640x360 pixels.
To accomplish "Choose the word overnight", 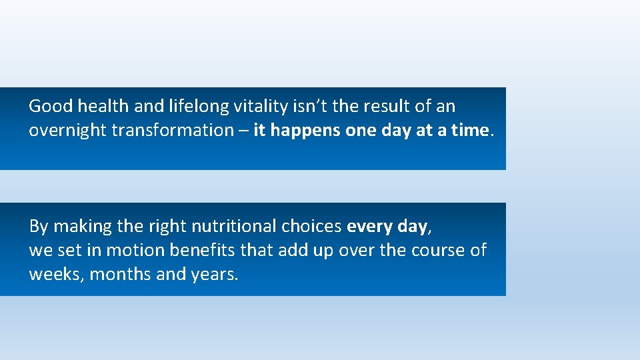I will (67, 131).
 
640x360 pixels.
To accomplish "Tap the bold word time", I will (470, 130).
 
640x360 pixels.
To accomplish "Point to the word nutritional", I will (233, 227).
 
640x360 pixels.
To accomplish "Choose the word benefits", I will (197, 251).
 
